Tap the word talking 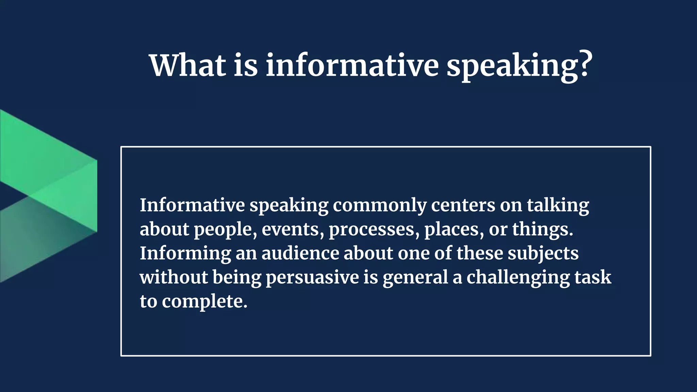[x=558, y=206]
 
